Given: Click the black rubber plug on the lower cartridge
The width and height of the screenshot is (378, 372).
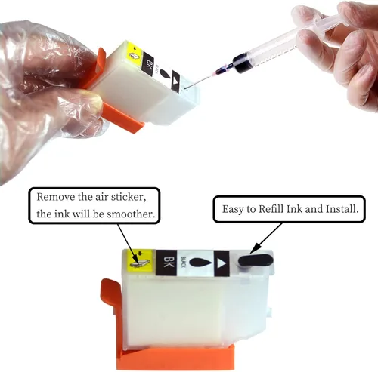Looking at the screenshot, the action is pyautogui.click(x=256, y=260).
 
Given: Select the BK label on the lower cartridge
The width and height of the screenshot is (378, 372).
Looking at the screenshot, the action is pyautogui.click(x=166, y=263).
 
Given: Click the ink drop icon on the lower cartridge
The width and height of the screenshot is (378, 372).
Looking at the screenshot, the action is pyautogui.click(x=200, y=263).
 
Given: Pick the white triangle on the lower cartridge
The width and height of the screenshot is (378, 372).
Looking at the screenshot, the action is pyautogui.click(x=221, y=263).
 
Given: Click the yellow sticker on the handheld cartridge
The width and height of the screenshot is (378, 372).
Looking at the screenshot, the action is pyautogui.click(x=135, y=51).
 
